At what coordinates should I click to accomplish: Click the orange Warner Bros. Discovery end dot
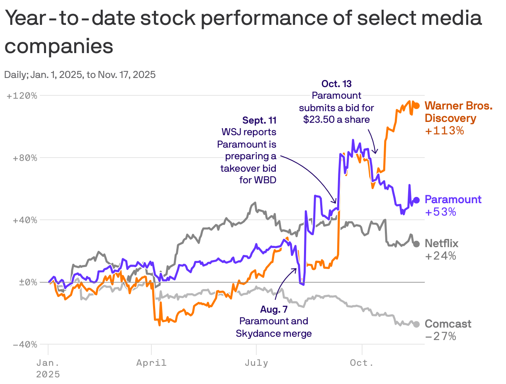tap(416, 106)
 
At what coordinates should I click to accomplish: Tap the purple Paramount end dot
tap(416, 200)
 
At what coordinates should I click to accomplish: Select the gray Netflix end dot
tap(416, 244)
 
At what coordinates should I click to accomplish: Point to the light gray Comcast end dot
tap(416, 324)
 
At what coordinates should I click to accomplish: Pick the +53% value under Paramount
tap(440, 212)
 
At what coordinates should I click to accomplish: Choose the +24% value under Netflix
tap(440, 256)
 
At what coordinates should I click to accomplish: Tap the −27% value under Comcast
tap(440, 336)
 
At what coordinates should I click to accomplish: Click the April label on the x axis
tap(151, 363)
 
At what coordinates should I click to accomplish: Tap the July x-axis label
tap(256, 363)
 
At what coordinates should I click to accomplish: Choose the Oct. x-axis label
tap(362, 363)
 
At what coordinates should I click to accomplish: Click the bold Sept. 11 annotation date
tap(259, 121)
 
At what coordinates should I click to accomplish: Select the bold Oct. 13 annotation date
tap(336, 84)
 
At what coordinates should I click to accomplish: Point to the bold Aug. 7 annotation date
tap(274, 309)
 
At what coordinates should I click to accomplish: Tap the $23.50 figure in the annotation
tap(317, 119)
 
